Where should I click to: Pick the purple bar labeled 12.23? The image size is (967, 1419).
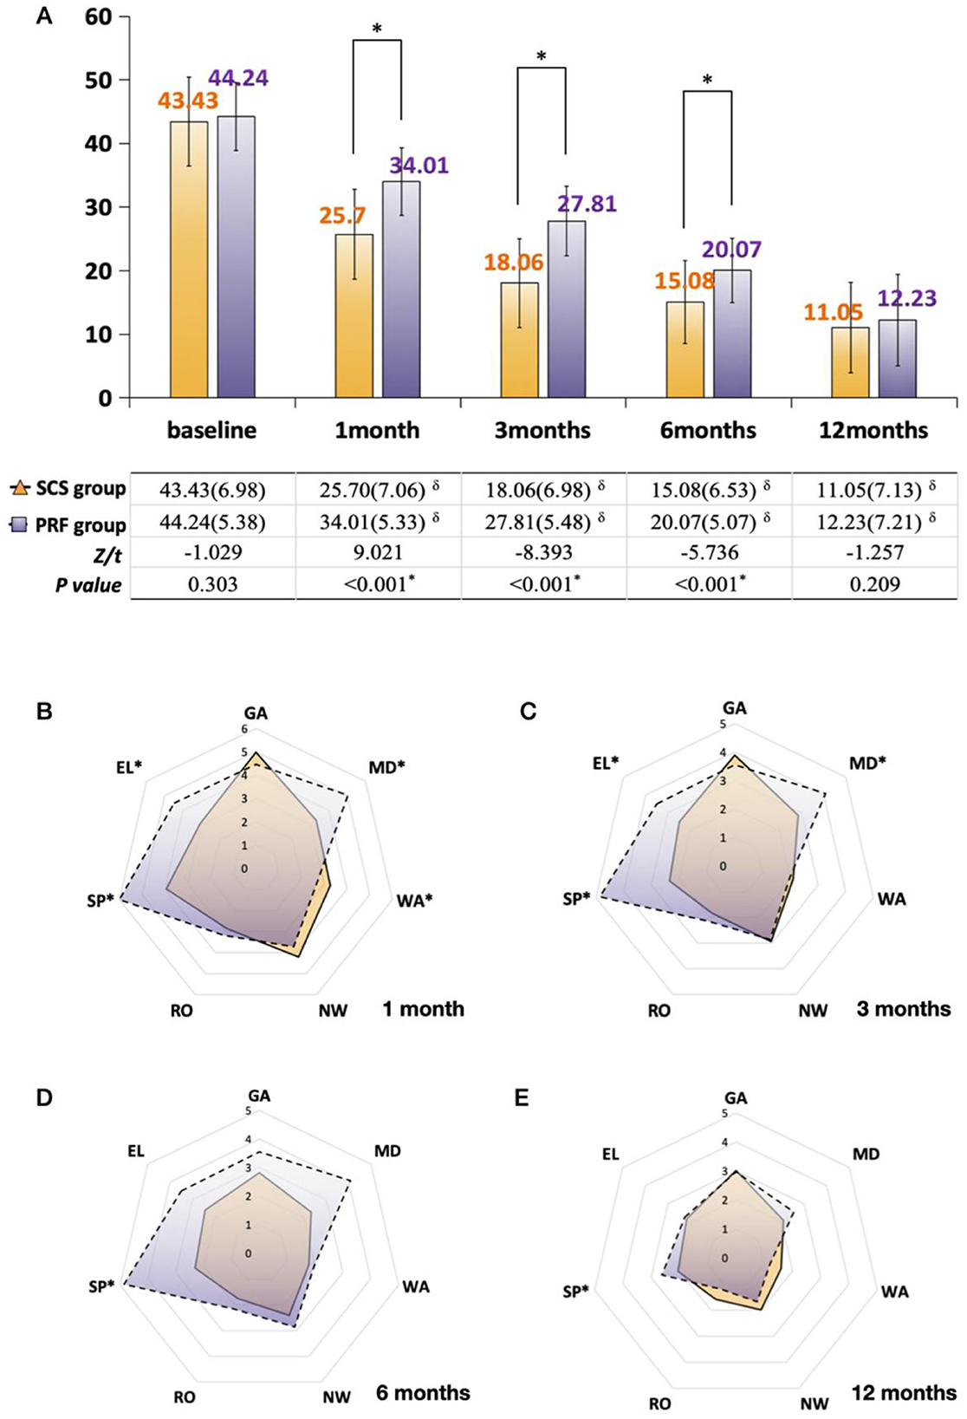897,359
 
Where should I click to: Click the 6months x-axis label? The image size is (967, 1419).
708,430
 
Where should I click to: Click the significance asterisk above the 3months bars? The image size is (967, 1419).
542,57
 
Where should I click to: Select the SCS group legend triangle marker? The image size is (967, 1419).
19,488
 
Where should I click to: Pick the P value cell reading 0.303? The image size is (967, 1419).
212,583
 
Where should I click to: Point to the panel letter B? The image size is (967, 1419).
44,712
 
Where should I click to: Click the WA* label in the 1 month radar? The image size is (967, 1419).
414,901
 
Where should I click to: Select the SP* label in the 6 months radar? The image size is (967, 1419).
101,1286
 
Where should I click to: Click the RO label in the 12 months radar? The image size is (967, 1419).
659,1403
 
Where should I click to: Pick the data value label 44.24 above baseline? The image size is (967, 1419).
238,78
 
